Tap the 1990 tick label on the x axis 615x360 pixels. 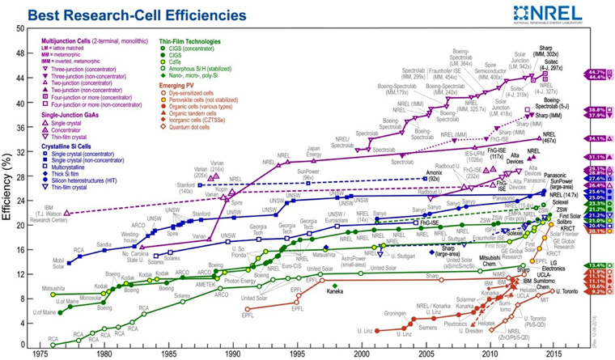click(x=233, y=354)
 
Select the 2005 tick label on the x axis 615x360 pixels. click(x=425, y=354)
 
